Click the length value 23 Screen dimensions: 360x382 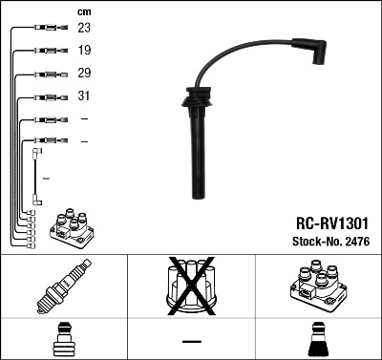[x=84, y=29]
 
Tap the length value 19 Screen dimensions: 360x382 [x=84, y=51]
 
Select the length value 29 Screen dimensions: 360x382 [x=84, y=74]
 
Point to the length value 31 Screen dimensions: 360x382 [x=84, y=96]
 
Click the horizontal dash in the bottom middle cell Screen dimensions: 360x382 [x=191, y=340]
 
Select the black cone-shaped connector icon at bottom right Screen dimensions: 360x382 [x=318, y=340]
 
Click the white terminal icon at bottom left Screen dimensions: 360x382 [x=64, y=340]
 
